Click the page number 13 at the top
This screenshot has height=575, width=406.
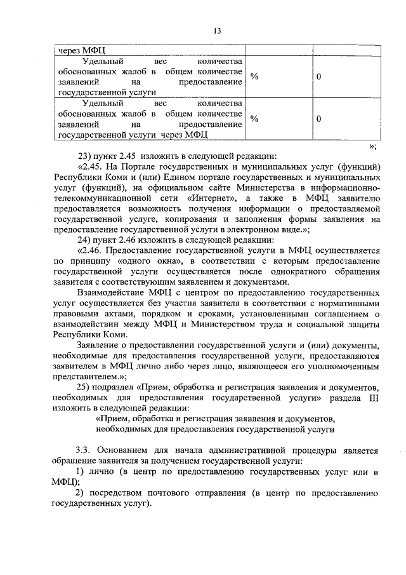[x=217, y=30]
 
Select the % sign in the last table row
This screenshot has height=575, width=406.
[x=254, y=119]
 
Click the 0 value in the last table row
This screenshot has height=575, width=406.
[x=319, y=119]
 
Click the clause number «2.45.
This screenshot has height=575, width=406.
[x=91, y=166]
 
